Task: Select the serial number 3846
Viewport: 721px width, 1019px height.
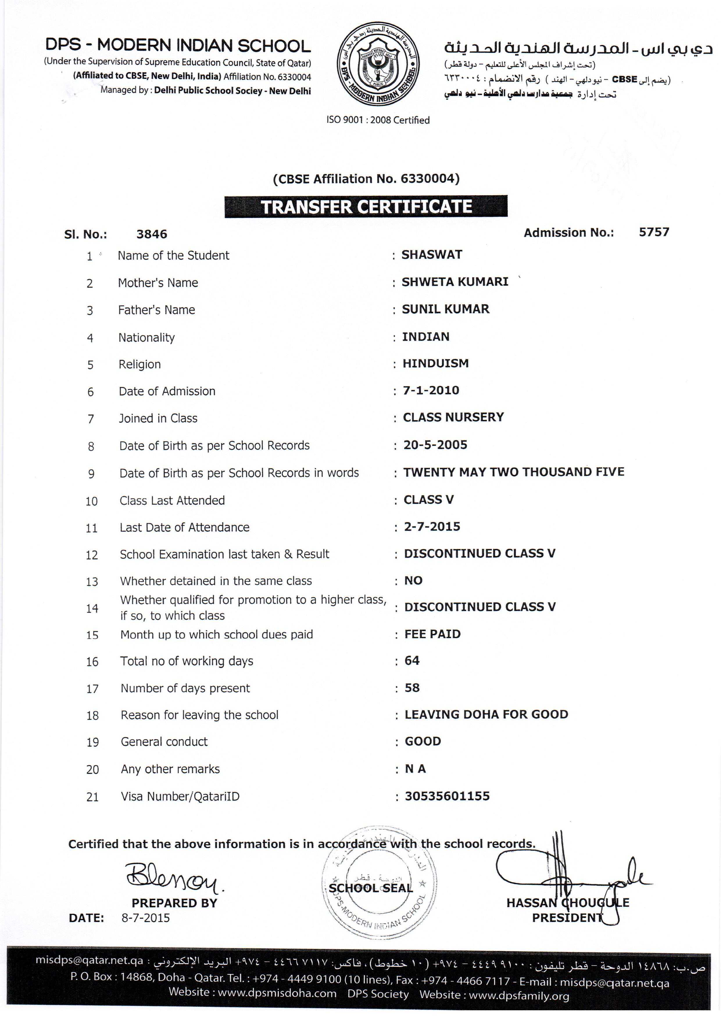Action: pos(151,234)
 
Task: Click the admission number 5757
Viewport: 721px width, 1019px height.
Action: pos(654,232)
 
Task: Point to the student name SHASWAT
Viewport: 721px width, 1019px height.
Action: pos(432,255)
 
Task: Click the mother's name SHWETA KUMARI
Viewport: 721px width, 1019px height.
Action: pos(455,282)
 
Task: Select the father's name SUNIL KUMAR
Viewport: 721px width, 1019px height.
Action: pos(445,309)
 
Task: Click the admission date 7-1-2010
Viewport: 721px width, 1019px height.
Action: pos(431,391)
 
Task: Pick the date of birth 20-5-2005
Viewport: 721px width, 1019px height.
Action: pos(435,445)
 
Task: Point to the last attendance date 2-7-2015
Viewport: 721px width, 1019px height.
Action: pos(432,527)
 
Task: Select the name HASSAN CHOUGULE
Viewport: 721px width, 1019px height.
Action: pos(567,902)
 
